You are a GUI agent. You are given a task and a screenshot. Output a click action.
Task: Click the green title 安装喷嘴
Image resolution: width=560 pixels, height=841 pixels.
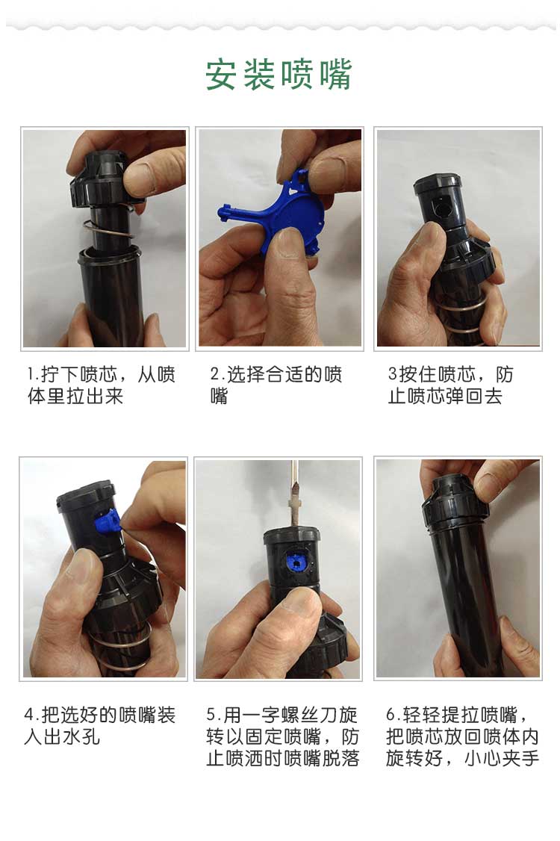pyautogui.click(x=279, y=75)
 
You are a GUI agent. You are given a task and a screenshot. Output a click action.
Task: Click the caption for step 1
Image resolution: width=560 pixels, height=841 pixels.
pyautogui.click(x=102, y=385)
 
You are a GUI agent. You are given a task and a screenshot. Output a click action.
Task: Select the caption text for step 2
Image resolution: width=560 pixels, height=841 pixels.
pyautogui.click(x=276, y=385)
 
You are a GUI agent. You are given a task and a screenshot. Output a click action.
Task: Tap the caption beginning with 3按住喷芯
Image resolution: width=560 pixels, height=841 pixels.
pyautogui.click(x=451, y=385)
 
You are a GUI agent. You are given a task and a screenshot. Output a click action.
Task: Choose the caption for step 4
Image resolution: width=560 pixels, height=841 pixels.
pyautogui.click(x=100, y=726)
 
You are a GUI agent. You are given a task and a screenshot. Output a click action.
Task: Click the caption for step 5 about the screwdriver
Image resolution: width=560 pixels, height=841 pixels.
pyautogui.click(x=282, y=736)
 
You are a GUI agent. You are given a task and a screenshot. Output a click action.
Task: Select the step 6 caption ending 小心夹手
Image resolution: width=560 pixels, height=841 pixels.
pyautogui.click(x=462, y=736)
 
